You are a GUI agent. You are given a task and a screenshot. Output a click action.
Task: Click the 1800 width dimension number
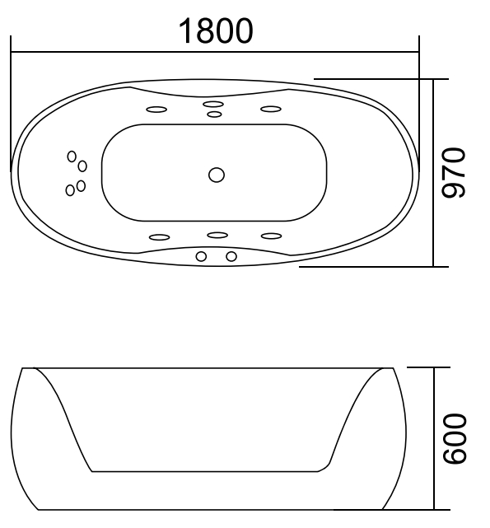coord(217,30)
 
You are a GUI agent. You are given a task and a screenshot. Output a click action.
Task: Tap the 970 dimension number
coord(455,173)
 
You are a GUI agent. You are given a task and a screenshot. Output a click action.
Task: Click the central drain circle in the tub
coord(217,175)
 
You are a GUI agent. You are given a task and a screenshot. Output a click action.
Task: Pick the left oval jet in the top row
coord(156,109)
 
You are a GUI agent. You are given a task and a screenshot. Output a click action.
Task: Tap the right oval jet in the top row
coord(271,109)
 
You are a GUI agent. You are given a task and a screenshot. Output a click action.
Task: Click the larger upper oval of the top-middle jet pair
coord(214,105)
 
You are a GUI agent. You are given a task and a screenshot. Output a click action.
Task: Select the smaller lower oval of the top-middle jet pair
coord(214,114)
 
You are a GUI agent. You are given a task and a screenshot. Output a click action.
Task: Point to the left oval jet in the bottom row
coord(159,236)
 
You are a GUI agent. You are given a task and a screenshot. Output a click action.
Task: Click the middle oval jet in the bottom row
coord(217,236)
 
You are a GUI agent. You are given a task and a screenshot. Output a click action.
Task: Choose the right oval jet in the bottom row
coord(272,236)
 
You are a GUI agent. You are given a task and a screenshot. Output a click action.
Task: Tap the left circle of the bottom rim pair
coord(200,256)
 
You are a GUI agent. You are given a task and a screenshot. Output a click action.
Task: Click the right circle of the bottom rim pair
coord(231,256)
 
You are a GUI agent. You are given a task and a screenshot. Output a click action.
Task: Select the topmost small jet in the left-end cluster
coord(72,156)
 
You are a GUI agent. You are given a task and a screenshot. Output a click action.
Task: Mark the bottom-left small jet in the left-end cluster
coord(70,190)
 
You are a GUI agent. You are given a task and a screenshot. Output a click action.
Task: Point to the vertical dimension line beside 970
coord(433,173)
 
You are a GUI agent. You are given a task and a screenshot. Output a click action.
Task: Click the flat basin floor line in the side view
coord(206,472)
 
